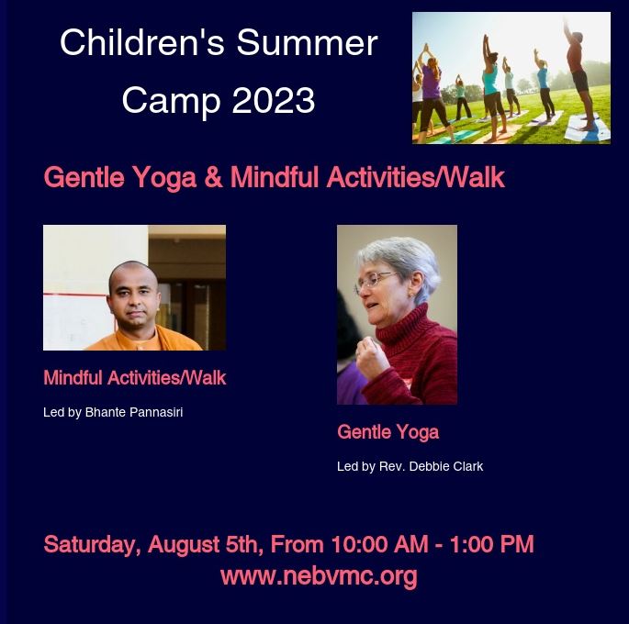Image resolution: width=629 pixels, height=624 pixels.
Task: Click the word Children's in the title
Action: coord(142,42)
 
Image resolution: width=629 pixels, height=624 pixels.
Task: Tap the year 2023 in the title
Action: coord(274,100)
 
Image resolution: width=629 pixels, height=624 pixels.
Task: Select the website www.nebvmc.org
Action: coord(319,576)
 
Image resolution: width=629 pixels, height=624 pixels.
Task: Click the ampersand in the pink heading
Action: coord(213,177)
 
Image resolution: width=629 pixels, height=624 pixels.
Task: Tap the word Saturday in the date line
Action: coord(92,545)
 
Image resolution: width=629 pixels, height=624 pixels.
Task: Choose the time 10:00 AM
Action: coord(379,544)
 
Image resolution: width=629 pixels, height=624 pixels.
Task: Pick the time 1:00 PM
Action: coord(492,544)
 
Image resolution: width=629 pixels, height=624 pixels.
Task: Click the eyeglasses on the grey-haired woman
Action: coord(375,279)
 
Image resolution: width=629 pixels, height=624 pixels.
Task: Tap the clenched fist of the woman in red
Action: coord(371,357)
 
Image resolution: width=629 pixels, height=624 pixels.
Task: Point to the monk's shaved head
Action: coord(133,273)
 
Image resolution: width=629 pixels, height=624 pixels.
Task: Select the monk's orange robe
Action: coord(144,339)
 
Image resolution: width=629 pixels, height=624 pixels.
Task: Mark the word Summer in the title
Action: coord(307,42)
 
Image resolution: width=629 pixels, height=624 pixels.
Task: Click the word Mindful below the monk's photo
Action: coord(73,377)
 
